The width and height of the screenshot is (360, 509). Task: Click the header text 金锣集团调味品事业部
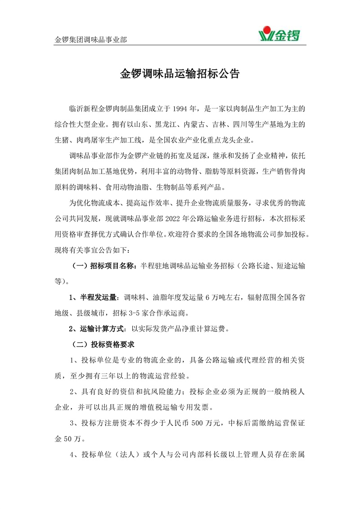coord(90,40)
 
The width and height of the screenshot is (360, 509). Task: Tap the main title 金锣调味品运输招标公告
coord(180,75)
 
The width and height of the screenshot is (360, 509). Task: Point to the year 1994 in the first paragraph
coord(180,109)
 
